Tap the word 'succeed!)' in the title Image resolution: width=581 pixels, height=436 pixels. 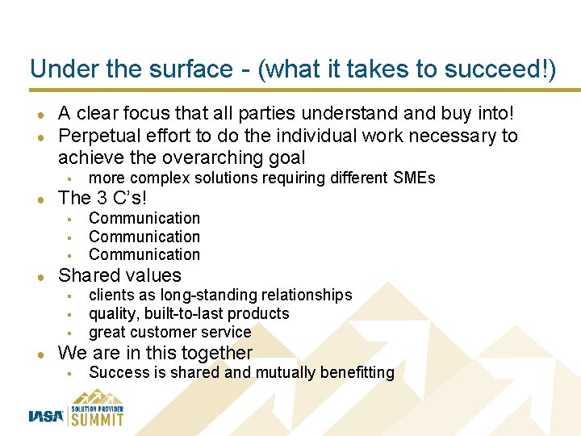pyautogui.click(x=508, y=69)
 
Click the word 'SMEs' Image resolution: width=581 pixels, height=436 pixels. pyautogui.click(x=415, y=178)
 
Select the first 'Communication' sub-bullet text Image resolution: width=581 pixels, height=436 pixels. pyautogui.click(x=144, y=218)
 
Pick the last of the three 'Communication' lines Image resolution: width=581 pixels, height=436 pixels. pyautogui.click(x=144, y=254)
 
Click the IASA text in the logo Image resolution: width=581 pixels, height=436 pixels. pyautogui.click(x=46, y=417)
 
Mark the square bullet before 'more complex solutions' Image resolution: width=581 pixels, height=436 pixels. pyautogui.click(x=71, y=178)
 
